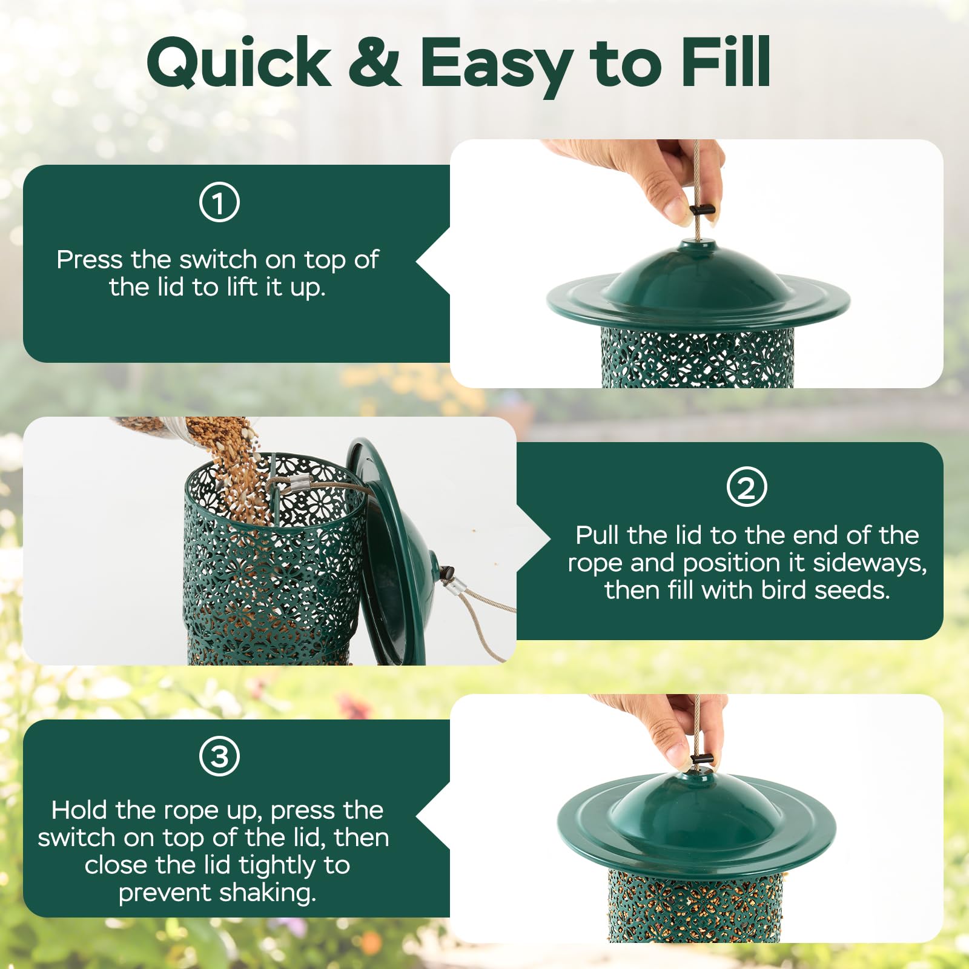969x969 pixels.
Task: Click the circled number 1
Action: coord(219,202)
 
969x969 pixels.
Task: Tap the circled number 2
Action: coord(747,487)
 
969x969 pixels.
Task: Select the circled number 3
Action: coord(219,756)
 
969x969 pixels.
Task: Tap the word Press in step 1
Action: coord(90,259)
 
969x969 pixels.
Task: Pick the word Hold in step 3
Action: coord(80,810)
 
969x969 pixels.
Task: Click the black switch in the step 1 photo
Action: coord(703,210)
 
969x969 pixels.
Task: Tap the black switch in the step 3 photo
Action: coord(702,759)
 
